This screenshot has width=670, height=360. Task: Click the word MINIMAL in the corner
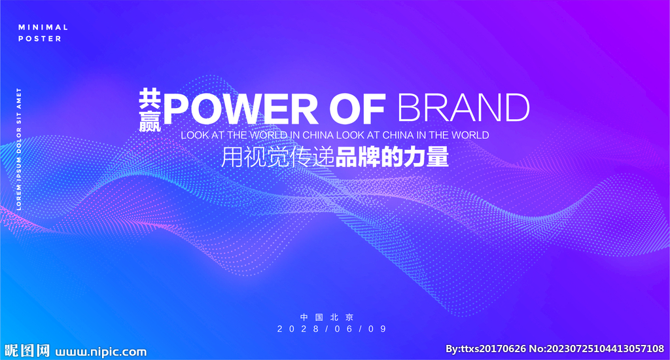click(x=43, y=27)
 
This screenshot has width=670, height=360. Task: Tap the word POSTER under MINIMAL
click(x=40, y=39)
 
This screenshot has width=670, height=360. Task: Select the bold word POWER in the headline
click(x=241, y=109)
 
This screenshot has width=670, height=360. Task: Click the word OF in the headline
click(x=357, y=109)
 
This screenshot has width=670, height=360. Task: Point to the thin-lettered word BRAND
click(x=464, y=108)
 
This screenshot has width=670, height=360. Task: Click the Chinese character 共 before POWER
click(x=150, y=99)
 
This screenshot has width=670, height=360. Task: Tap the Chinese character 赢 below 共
click(x=150, y=121)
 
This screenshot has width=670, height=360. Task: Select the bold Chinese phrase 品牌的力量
click(x=393, y=157)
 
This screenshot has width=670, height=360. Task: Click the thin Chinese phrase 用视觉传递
click(x=277, y=157)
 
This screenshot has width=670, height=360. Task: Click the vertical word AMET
click(x=19, y=98)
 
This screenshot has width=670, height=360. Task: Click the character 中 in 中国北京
click(x=304, y=317)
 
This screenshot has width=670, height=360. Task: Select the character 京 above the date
click(x=349, y=317)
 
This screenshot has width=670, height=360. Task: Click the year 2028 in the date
click(x=298, y=329)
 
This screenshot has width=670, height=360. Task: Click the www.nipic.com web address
click(x=101, y=351)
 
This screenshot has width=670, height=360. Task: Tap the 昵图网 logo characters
click(x=26, y=351)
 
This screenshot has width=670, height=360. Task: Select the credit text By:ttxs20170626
click(x=485, y=349)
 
